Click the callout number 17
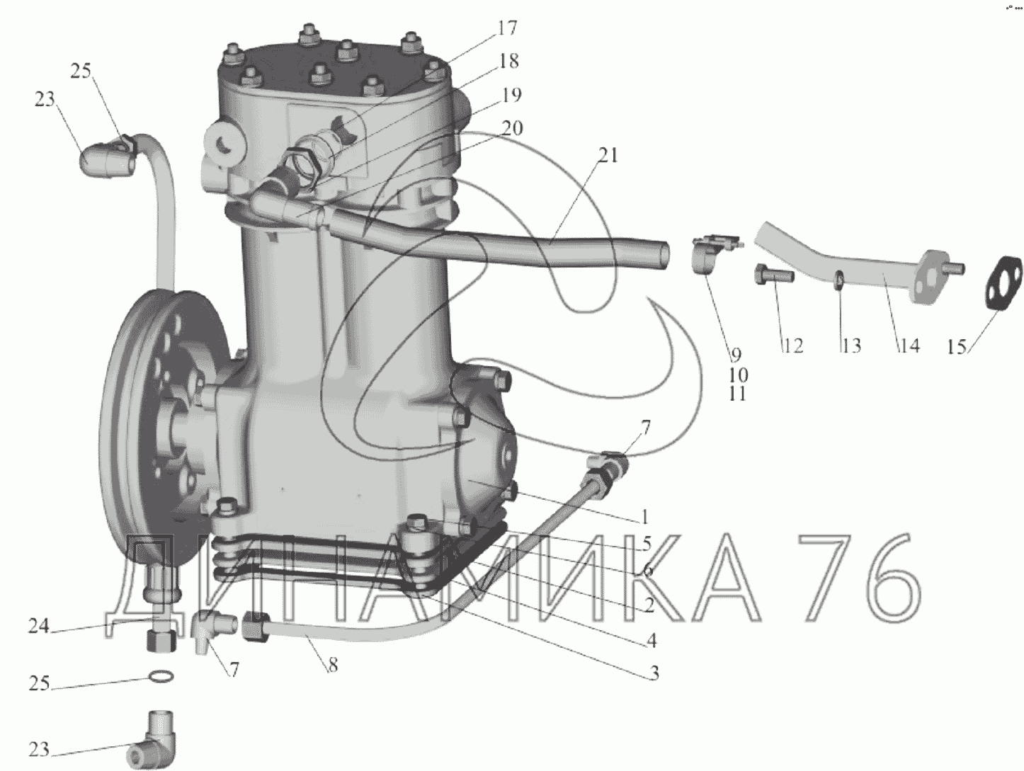click(506, 28)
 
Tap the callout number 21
click(608, 155)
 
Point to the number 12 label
click(792, 345)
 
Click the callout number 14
click(909, 345)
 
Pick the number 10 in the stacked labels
click(738, 375)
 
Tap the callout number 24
click(39, 626)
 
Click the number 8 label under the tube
click(333, 665)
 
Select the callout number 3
click(654, 673)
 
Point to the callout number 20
click(513, 128)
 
